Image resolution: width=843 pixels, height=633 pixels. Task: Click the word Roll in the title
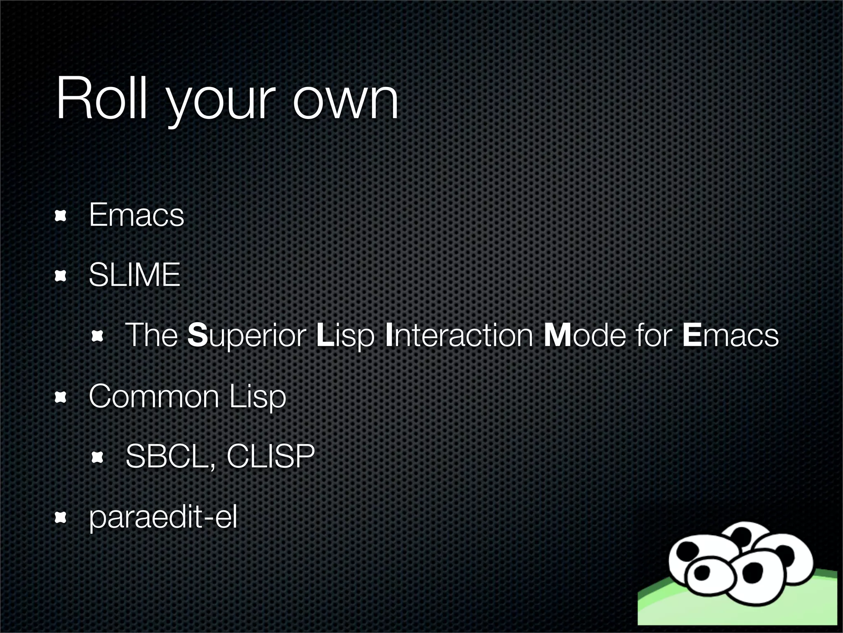click(x=101, y=99)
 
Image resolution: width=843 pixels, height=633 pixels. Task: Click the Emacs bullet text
click(x=136, y=215)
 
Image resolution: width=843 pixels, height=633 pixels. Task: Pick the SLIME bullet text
click(x=135, y=275)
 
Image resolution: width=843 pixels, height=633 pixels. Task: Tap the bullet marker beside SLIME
click(x=61, y=276)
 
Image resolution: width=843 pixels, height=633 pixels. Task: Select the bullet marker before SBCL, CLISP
click(x=97, y=457)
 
